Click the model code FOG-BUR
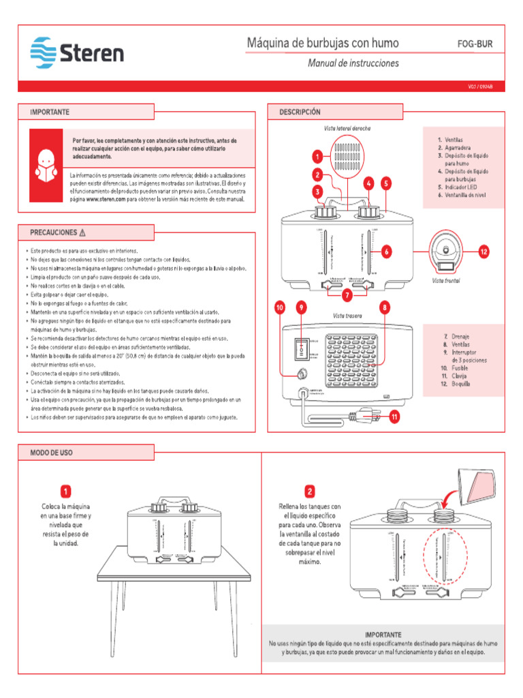click(474, 44)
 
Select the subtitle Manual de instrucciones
click(353, 63)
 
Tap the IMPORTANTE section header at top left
click(50, 111)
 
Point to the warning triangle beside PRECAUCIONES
click(82, 232)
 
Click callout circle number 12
click(484, 252)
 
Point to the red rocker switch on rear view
click(299, 348)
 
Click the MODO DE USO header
click(52, 452)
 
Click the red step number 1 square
click(65, 491)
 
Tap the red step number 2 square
click(310, 491)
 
